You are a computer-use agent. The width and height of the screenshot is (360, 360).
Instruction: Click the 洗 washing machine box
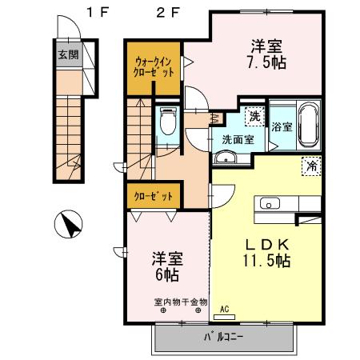click(x=254, y=117)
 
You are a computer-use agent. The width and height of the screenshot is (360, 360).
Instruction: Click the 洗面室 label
click(x=238, y=138)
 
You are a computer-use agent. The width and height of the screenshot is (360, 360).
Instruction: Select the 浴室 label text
click(x=282, y=126)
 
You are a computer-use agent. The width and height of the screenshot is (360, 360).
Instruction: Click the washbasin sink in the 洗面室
click(x=226, y=158)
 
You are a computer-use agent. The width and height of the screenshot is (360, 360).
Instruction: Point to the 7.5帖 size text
click(x=267, y=62)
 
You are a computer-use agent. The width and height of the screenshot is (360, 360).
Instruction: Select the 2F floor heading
click(x=167, y=11)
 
